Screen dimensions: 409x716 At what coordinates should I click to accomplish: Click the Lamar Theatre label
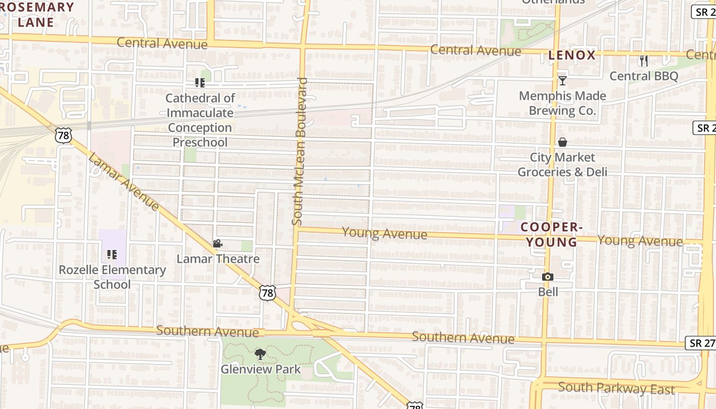(218, 259)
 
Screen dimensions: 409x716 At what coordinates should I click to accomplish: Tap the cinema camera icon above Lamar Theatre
(217, 244)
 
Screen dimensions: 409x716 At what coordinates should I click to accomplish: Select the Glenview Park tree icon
(260, 354)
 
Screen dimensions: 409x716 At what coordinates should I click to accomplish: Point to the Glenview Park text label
(261, 369)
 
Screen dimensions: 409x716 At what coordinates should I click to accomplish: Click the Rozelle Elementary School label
(112, 277)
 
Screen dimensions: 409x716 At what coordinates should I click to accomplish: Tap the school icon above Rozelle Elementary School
(112, 254)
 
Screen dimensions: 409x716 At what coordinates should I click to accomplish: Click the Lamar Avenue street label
(123, 181)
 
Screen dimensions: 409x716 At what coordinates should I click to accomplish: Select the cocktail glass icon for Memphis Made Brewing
(563, 80)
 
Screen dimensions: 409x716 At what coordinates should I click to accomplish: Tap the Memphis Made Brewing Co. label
(563, 103)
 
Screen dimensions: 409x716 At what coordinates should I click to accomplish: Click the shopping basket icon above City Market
(563, 142)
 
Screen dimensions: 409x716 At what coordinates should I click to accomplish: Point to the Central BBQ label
(643, 76)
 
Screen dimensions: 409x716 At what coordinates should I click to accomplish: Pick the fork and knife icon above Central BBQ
(643, 61)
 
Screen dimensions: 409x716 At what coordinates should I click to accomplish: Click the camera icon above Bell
(548, 277)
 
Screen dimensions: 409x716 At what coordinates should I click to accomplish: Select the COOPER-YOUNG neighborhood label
(552, 234)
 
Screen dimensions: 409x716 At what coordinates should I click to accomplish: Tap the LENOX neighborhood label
(572, 55)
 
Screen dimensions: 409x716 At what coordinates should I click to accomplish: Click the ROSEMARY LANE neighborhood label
(36, 14)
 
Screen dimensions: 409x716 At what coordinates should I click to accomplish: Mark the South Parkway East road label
(616, 388)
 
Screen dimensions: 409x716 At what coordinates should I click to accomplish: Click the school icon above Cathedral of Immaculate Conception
(199, 83)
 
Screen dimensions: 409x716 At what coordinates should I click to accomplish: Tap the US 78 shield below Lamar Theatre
(267, 293)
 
